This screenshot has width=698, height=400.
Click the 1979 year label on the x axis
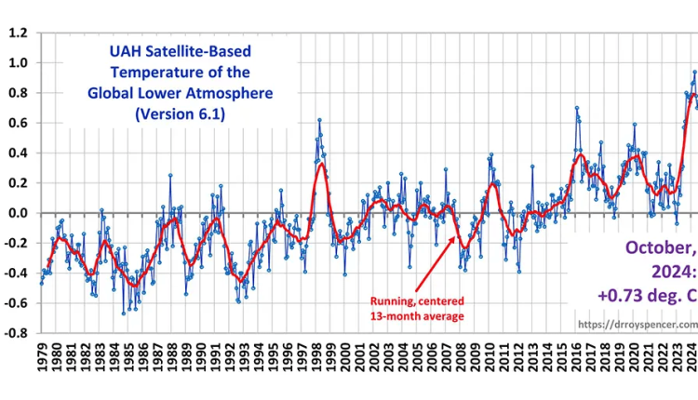point(42,358)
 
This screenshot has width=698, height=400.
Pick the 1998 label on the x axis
point(316,358)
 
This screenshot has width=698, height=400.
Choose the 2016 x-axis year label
point(576,358)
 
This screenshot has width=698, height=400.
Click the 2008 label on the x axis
point(461,358)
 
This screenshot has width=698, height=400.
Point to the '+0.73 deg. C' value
point(642,295)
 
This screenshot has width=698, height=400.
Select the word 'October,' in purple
point(658,248)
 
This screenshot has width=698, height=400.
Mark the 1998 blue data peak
point(319,120)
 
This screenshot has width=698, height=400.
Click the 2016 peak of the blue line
point(577,108)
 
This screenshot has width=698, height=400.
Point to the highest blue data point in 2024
point(693,72)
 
